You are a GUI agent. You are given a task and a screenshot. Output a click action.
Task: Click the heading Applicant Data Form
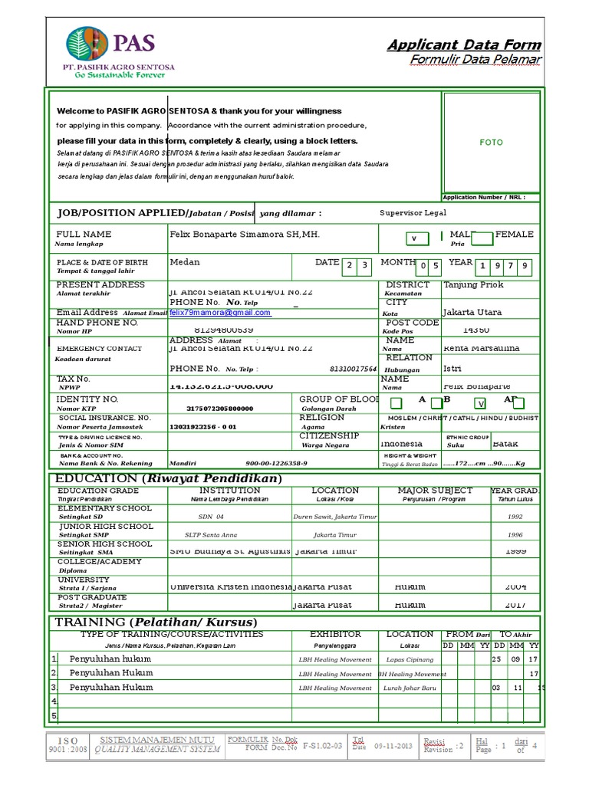(464, 45)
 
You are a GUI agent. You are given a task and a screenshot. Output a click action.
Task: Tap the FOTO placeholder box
(491, 143)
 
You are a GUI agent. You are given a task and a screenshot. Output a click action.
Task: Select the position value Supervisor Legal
(413, 213)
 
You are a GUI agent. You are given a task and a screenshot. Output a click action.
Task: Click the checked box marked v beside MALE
(415, 238)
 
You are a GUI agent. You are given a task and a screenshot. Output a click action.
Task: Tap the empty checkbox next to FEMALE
(482, 238)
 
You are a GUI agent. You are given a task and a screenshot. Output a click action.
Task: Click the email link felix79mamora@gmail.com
(220, 313)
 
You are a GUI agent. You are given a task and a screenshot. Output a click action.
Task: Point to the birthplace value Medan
(185, 262)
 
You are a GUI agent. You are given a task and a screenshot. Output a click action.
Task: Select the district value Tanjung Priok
(473, 285)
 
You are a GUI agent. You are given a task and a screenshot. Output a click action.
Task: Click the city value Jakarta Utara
(472, 313)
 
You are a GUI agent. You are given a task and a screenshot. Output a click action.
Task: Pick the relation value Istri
(452, 369)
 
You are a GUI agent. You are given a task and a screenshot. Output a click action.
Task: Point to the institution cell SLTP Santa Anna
(212, 535)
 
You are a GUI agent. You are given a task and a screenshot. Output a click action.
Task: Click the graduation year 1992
(515, 517)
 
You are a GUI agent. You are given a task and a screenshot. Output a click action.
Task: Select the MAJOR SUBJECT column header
(435, 491)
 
